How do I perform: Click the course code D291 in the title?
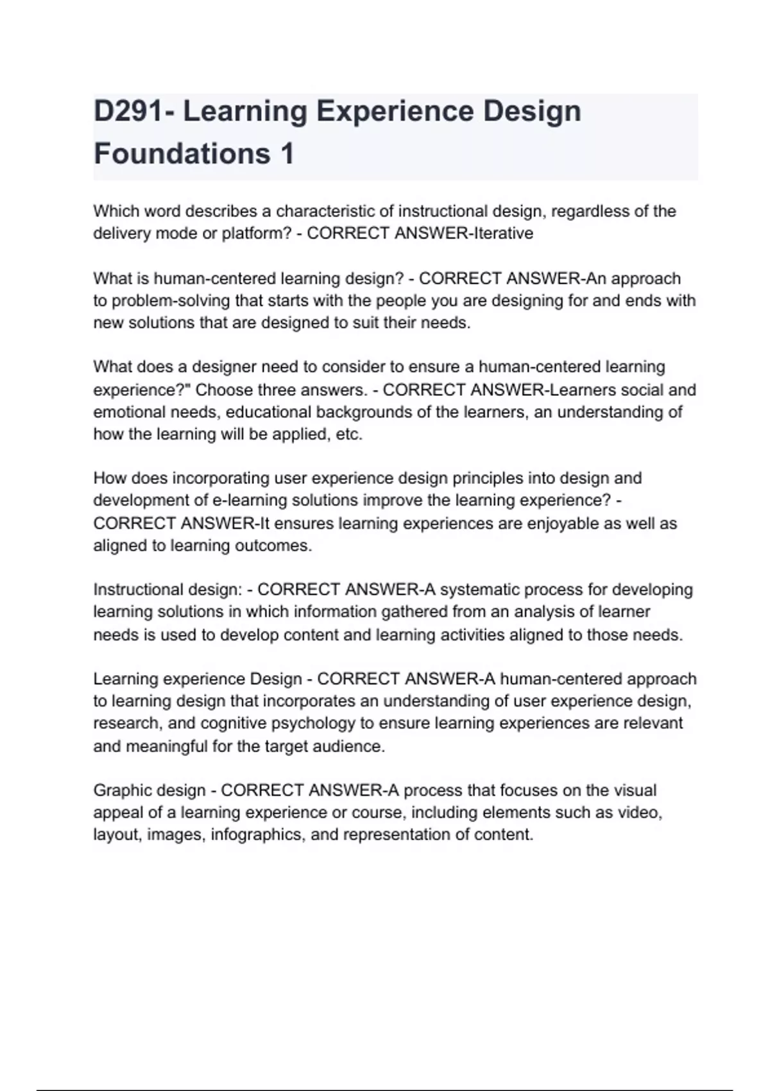(128, 112)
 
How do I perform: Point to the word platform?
(257, 234)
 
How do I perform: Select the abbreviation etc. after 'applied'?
(350, 434)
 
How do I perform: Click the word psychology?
(313, 723)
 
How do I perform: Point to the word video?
(639, 812)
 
